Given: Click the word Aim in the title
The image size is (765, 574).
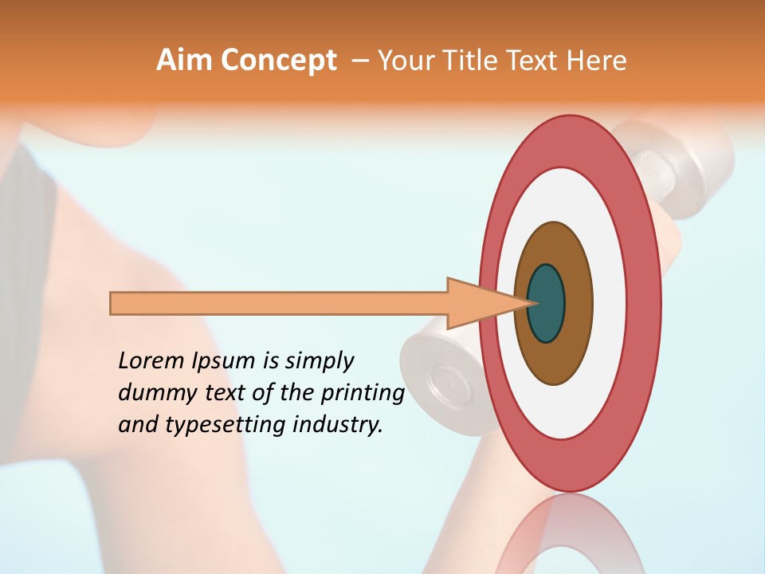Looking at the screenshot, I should coord(184,61).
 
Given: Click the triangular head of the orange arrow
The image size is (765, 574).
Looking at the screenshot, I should coord(478,304).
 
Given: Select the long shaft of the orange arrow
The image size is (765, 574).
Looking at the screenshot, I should coord(279,304).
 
